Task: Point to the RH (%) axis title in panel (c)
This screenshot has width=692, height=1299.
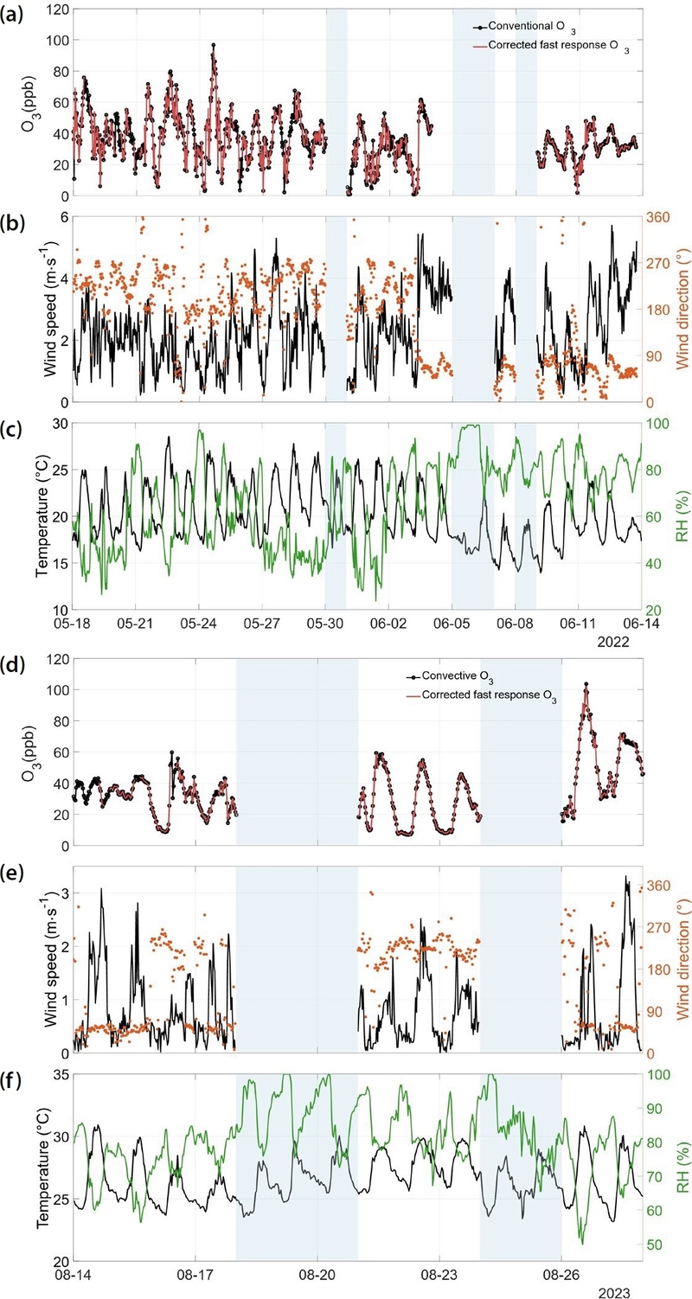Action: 681,516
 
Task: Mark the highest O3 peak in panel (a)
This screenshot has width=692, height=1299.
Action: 213,45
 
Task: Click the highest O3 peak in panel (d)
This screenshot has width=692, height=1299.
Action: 586,684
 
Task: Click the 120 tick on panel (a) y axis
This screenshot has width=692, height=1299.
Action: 57,10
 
